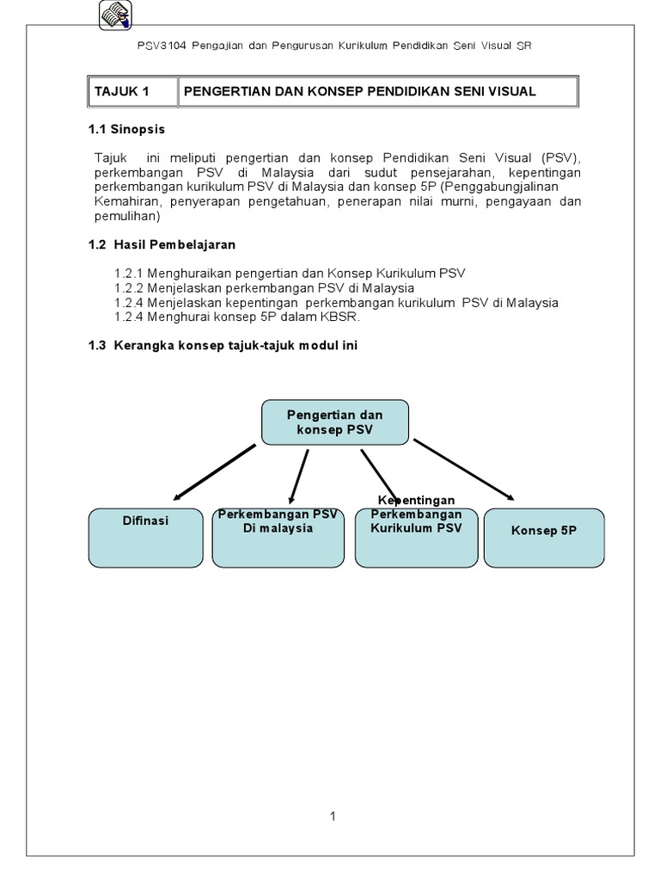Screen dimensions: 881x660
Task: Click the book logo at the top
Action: pos(115,15)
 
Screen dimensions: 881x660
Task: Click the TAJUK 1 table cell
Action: pos(132,91)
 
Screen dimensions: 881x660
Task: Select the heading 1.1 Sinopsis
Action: pos(127,129)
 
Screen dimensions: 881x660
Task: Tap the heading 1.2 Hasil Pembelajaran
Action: pos(162,245)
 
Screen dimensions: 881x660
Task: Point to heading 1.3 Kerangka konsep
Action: pos(223,345)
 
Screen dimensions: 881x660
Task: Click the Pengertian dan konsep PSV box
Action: pos(334,422)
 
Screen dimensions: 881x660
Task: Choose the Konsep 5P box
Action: pos(544,537)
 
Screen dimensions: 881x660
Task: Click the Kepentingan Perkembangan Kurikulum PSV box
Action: pos(416,537)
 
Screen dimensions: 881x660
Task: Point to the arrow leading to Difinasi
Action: pos(215,471)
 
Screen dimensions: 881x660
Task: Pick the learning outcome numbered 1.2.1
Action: pos(290,274)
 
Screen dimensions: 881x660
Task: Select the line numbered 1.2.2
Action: pos(265,288)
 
